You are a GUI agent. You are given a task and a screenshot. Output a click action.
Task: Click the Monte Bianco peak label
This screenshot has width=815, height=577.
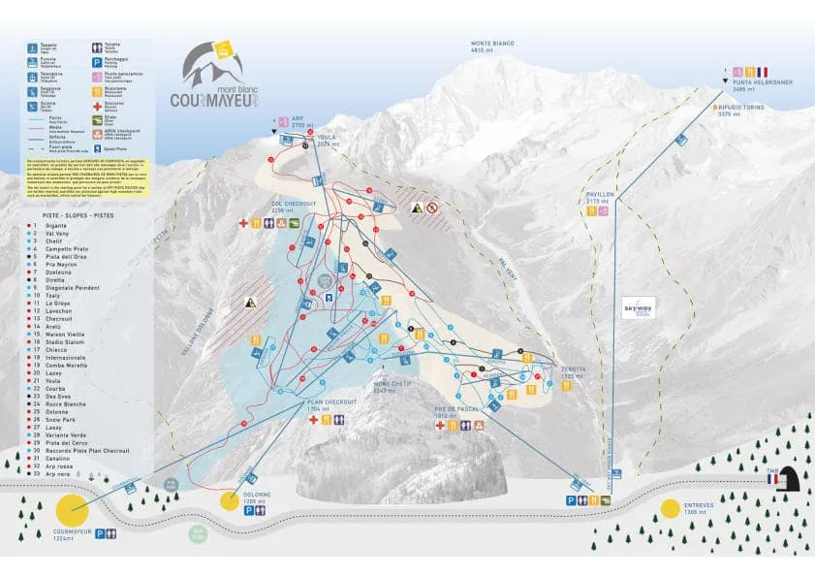[x=492, y=46]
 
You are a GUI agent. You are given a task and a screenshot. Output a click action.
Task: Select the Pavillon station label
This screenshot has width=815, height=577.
[x=600, y=197]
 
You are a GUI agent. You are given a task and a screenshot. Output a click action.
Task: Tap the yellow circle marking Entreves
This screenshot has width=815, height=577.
[x=670, y=508]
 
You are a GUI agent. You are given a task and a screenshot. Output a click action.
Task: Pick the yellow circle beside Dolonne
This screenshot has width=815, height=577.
[x=229, y=500]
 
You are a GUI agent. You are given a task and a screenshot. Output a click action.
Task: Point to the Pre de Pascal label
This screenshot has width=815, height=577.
[x=452, y=411]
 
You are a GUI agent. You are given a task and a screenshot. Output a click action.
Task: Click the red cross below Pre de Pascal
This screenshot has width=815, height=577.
[x=439, y=426]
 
